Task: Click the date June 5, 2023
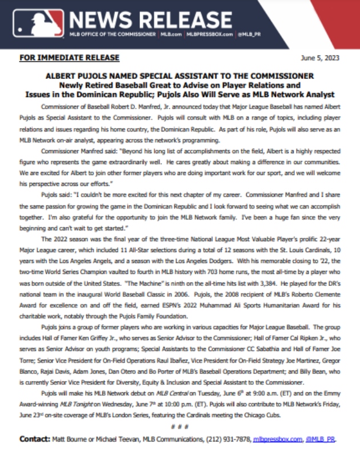[x=322, y=58]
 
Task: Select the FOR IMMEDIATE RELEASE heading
[x=69, y=58]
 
